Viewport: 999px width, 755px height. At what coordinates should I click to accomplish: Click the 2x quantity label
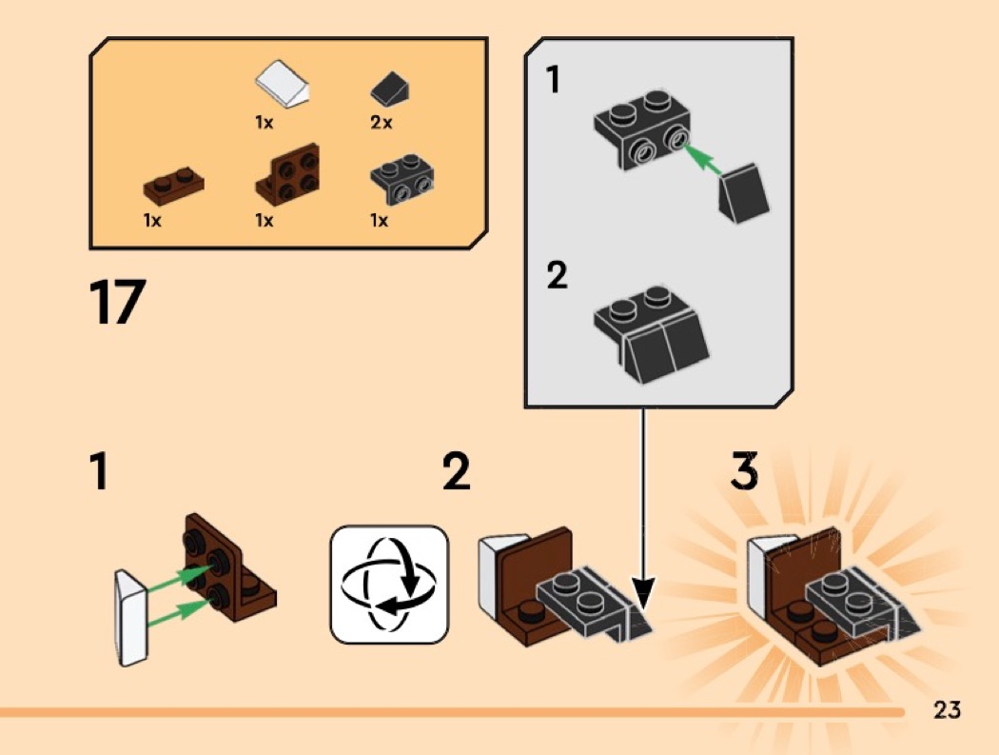click(x=381, y=123)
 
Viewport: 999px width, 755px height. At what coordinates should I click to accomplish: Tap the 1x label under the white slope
click(x=264, y=123)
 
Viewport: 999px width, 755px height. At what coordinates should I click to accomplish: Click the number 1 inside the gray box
click(x=554, y=80)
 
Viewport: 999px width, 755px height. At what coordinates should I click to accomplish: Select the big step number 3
click(x=744, y=472)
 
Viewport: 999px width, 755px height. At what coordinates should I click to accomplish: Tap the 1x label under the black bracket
click(x=379, y=221)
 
